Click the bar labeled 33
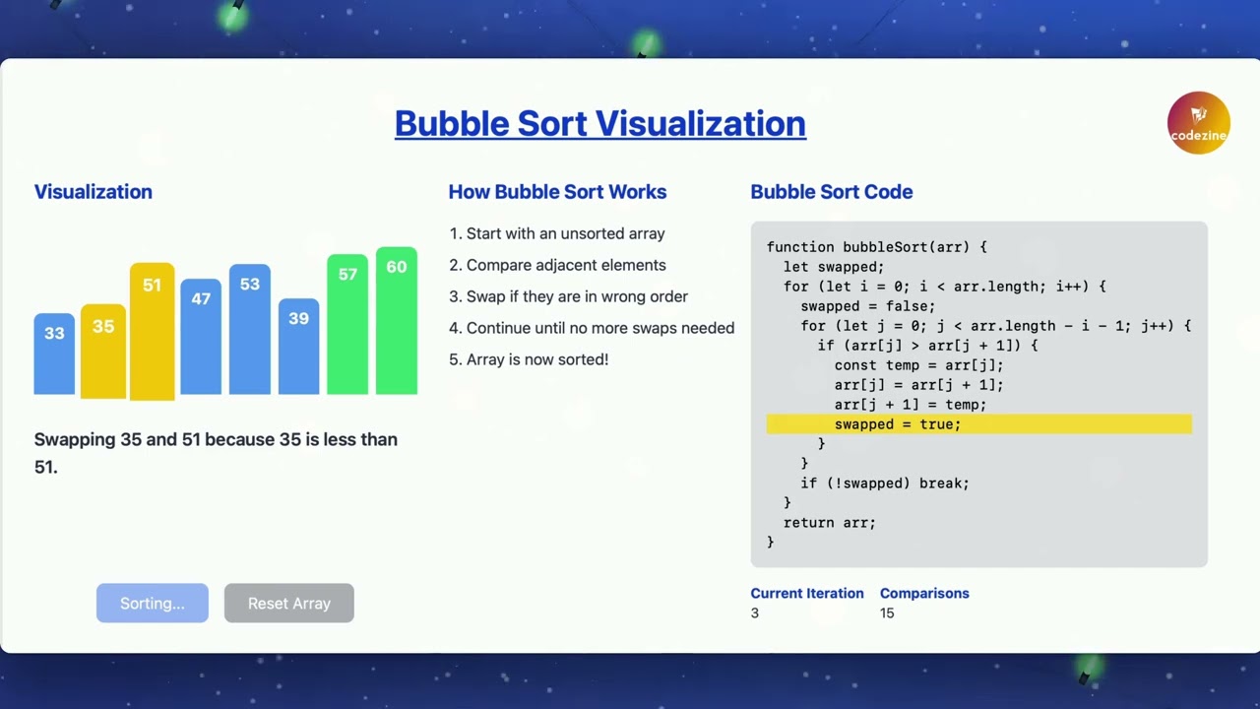[54, 354]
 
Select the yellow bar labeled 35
[103, 351]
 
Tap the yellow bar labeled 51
[152, 331]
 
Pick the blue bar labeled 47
[201, 337]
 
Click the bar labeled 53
[250, 330]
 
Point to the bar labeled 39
[298, 347]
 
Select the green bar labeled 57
[347, 325]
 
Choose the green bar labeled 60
[397, 321]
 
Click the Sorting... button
[153, 604]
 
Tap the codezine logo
[1198, 123]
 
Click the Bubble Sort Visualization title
[600, 123]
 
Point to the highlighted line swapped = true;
[897, 424]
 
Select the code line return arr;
[829, 523]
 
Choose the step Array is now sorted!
[537, 359]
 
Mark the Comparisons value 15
[887, 613]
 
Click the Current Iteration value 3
[755, 613]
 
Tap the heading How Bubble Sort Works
[557, 192]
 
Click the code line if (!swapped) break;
[885, 483]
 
